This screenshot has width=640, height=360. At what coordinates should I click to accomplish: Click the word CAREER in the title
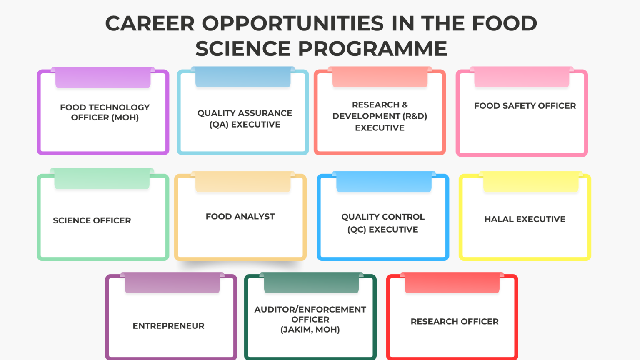[x=150, y=23]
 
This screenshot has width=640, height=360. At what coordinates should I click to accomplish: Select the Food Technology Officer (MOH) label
[x=105, y=112]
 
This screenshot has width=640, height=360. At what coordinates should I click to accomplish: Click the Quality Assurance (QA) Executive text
[x=245, y=119]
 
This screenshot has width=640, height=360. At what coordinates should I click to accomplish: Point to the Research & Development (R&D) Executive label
[x=380, y=116]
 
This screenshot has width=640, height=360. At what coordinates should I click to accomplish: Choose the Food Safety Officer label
[x=525, y=106]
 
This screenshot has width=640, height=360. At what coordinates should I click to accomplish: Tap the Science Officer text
[x=92, y=220]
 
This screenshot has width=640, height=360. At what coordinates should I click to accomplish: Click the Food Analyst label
[x=240, y=217]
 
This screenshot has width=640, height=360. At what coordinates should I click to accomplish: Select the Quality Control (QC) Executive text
[x=382, y=223]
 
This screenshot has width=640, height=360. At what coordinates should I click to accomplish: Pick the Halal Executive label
[x=525, y=219]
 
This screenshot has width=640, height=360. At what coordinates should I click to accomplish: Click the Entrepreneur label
[x=168, y=326]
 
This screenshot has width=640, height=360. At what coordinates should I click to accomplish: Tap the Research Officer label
[x=454, y=322]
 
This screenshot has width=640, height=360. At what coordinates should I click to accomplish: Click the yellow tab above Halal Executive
[x=531, y=182]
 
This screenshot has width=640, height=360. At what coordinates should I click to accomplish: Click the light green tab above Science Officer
[x=102, y=178]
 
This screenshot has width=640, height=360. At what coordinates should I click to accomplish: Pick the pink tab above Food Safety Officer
[x=522, y=77]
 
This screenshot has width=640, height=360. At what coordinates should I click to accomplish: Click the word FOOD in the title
[x=504, y=23]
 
